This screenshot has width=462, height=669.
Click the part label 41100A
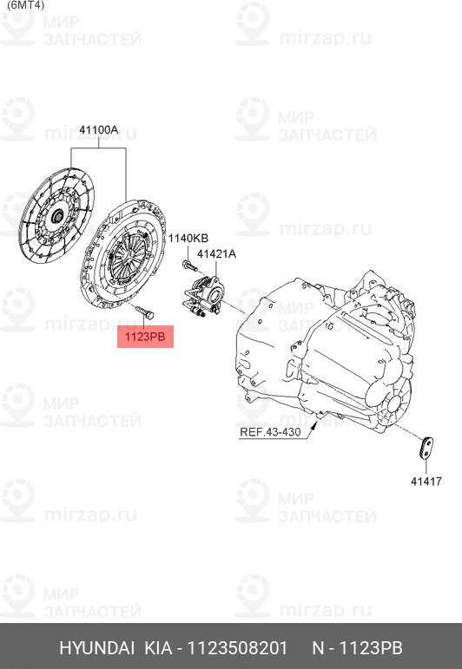(x=98, y=130)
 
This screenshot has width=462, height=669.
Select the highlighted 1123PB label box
(x=146, y=336)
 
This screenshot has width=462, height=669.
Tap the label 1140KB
(x=188, y=238)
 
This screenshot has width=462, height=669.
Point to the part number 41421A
(x=216, y=254)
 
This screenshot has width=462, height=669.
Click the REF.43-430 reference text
(x=271, y=431)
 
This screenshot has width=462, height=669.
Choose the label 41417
(x=426, y=479)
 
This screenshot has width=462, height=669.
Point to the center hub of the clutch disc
(x=56, y=216)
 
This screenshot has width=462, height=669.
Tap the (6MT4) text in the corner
(x=19, y=4)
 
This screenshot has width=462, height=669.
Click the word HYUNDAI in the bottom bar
(x=96, y=649)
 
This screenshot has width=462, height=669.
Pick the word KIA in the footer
(x=157, y=649)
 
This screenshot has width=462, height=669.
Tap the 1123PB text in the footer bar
(x=371, y=649)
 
